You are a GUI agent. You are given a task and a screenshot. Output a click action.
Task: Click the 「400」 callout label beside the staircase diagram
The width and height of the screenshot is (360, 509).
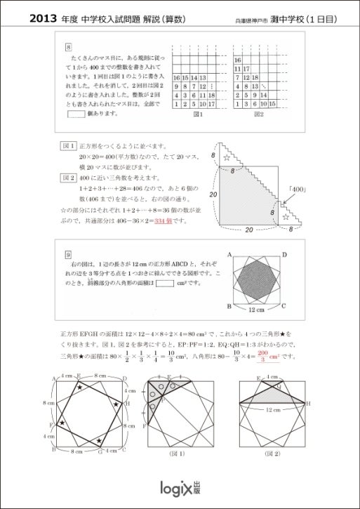coord(299,190)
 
